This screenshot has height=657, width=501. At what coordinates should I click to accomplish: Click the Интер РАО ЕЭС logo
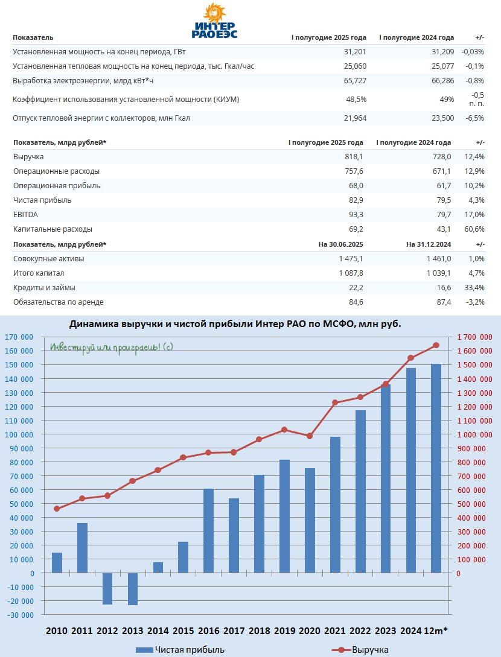click(214, 22)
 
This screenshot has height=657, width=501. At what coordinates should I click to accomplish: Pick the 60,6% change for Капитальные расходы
click(474, 229)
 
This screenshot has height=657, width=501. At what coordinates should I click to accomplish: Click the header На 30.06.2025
click(340, 244)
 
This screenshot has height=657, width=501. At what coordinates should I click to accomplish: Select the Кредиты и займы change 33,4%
click(474, 288)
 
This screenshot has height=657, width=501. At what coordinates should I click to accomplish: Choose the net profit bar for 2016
click(209, 531)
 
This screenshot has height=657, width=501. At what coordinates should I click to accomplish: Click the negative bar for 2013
click(133, 589)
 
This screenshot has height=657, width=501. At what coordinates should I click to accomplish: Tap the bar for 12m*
click(436, 468)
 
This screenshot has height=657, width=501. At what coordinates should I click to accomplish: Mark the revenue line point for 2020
click(310, 436)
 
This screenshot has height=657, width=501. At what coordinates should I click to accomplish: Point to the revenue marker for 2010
click(57, 509)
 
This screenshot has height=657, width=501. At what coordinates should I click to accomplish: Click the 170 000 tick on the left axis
click(19, 337)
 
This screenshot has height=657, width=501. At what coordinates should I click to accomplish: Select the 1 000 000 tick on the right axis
click(474, 435)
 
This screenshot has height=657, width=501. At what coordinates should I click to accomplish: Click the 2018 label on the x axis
click(260, 631)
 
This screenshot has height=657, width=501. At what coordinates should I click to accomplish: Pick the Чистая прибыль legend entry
click(181, 650)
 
